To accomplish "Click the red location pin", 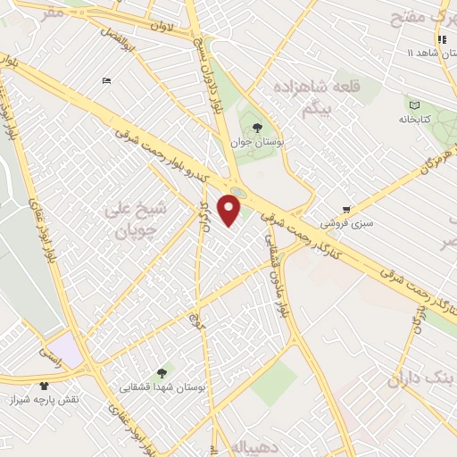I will (x=230, y=209).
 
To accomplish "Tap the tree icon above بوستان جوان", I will (x=257, y=129).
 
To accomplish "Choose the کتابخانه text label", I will (x=412, y=119).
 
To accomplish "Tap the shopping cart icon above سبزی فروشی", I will (x=346, y=209).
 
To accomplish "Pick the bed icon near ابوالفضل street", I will (x=107, y=81).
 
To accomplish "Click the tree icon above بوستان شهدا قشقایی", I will (x=162, y=373).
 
